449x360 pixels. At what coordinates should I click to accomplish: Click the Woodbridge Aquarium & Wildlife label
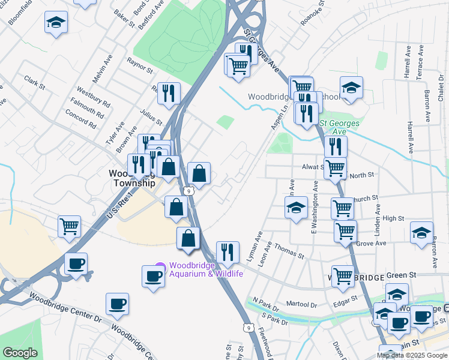(206, 270)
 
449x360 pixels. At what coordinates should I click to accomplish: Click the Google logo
(20, 353)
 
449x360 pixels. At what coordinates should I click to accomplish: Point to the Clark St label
(35, 82)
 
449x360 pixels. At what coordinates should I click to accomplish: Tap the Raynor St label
(139, 65)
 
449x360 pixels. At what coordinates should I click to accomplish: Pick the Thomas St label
(290, 250)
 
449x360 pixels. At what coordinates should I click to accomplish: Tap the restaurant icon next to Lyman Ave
(227, 252)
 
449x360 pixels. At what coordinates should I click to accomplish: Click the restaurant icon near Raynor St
(169, 92)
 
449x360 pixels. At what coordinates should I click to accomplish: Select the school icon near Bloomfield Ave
(56, 23)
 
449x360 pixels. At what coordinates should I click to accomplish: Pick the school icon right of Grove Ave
(421, 232)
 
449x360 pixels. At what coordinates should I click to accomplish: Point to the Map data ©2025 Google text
(412, 355)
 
